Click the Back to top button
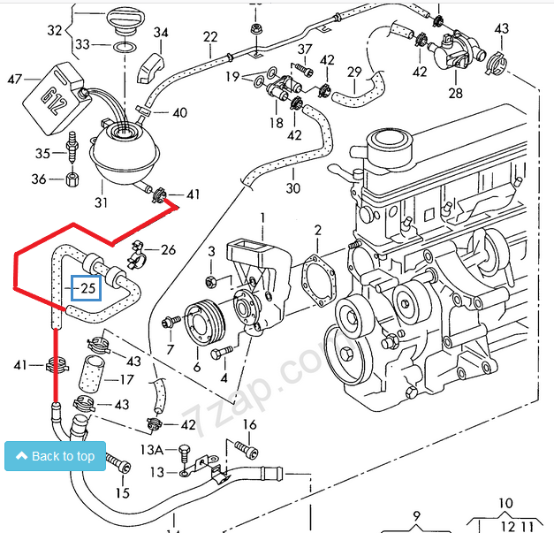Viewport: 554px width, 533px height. [55, 456]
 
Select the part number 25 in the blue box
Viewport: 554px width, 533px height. [88, 288]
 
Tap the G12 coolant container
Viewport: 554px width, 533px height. [56, 99]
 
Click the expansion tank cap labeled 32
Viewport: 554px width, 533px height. [125, 22]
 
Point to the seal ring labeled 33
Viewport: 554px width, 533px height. [125, 47]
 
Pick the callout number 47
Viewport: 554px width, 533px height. [15, 79]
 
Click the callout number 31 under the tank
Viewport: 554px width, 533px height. [101, 202]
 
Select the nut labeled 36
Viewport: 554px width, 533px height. [72, 179]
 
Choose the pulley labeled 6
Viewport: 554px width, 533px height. [205, 323]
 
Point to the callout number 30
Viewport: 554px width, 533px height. [293, 187]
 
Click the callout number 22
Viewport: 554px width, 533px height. [210, 37]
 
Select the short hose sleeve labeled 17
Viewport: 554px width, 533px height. [91, 376]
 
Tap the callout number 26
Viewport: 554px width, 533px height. [168, 250]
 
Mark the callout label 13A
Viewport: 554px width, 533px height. [152, 450]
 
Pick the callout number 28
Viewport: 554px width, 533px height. [455, 94]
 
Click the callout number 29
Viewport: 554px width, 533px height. [354, 72]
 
